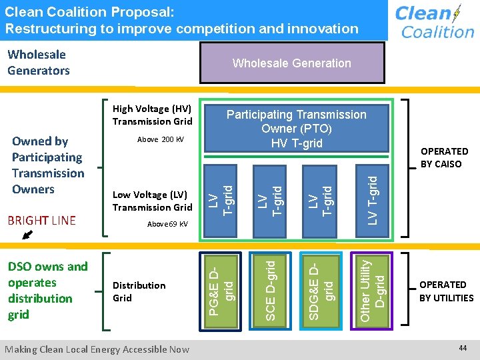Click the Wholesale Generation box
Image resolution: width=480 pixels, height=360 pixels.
coord(291,63)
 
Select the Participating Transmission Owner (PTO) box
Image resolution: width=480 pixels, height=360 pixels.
coord(296,129)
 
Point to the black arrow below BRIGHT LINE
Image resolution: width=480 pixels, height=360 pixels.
coord(27,234)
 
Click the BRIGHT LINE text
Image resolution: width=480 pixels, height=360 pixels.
coord(41,220)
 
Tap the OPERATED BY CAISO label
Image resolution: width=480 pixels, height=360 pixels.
coord(444,157)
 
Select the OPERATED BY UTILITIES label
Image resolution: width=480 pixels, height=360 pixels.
coord(446,291)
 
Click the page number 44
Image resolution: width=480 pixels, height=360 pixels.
coord(463,348)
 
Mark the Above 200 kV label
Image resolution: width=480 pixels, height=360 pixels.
coord(160,139)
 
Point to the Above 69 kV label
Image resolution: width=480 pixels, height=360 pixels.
coord(167,224)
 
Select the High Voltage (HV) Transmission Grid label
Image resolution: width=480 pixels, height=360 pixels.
coord(152,115)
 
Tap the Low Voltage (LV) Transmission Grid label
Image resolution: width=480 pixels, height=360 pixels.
coord(152,201)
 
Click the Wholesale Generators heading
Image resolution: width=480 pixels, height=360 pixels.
coord(38,62)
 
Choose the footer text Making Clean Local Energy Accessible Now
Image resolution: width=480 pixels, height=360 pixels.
coord(97,349)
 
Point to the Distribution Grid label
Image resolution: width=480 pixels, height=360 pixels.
coord(139,291)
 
